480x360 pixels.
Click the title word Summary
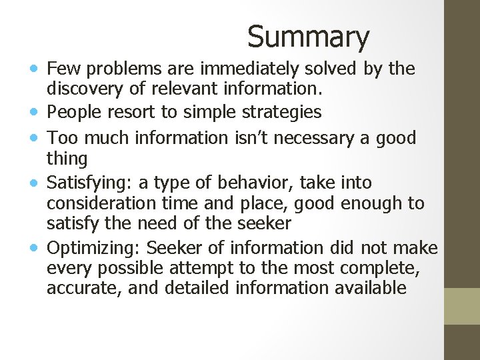point(308,37)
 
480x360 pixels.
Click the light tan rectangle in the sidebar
point(462,306)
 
